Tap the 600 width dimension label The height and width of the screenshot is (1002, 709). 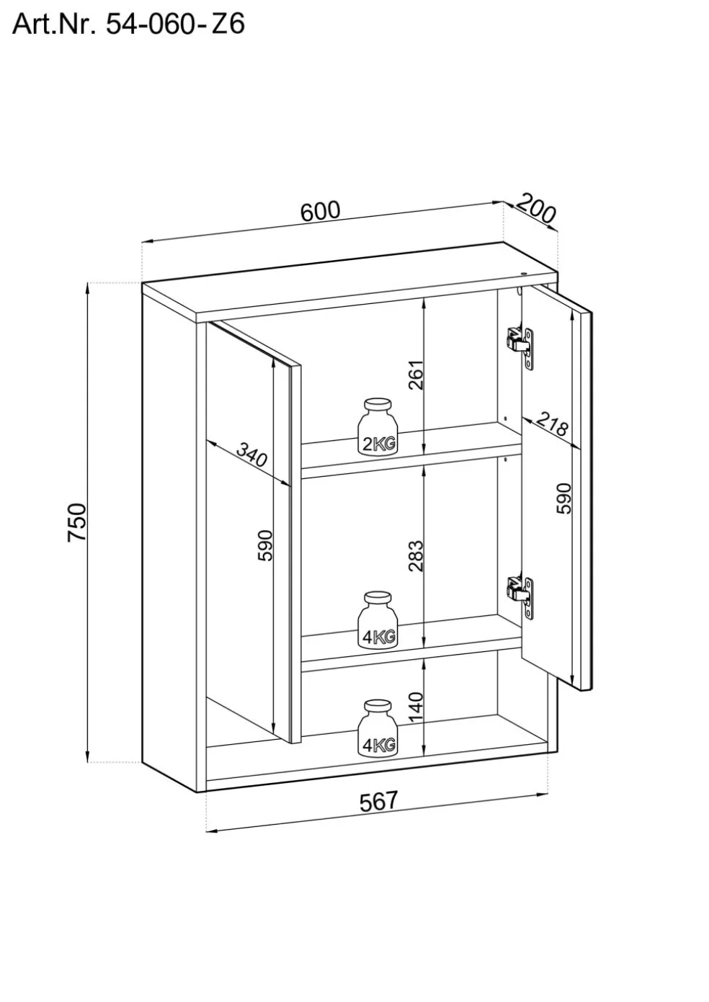(x=320, y=211)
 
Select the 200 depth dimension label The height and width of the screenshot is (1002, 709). (x=537, y=209)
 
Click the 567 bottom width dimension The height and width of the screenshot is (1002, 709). (x=378, y=801)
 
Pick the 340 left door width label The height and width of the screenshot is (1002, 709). (x=252, y=457)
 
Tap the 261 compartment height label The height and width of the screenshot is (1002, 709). (x=416, y=374)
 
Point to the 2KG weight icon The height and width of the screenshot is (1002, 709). (x=378, y=426)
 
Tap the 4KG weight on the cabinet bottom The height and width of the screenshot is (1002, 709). (x=378, y=728)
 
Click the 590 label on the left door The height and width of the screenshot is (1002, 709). (x=266, y=545)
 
